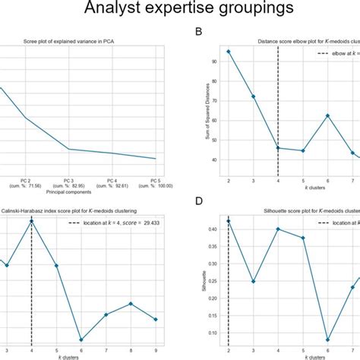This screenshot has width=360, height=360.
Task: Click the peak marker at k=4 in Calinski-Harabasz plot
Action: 31,221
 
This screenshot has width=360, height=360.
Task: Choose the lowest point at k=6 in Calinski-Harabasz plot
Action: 81,339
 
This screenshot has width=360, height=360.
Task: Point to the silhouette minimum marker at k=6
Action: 327,339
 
